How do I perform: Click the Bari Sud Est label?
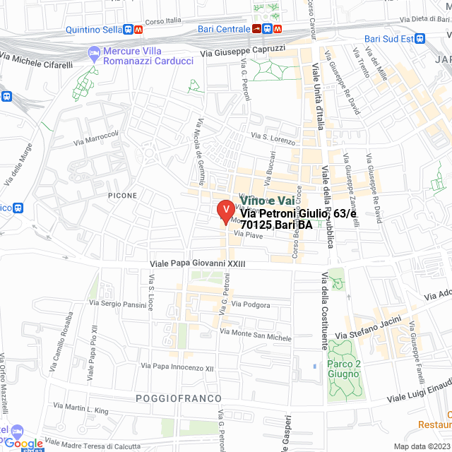[388, 39]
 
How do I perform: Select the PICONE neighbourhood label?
[122, 194]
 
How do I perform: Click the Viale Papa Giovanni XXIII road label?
[197, 264]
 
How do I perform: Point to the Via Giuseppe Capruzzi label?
[242, 51]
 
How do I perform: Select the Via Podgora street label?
[256, 304]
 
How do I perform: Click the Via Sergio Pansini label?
[117, 304]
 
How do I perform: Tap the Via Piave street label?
[253, 235]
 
